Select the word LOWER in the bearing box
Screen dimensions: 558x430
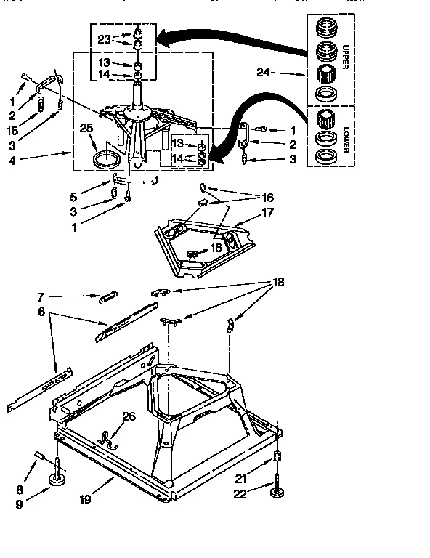[x=347, y=137]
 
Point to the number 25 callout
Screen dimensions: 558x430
[x=87, y=128]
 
